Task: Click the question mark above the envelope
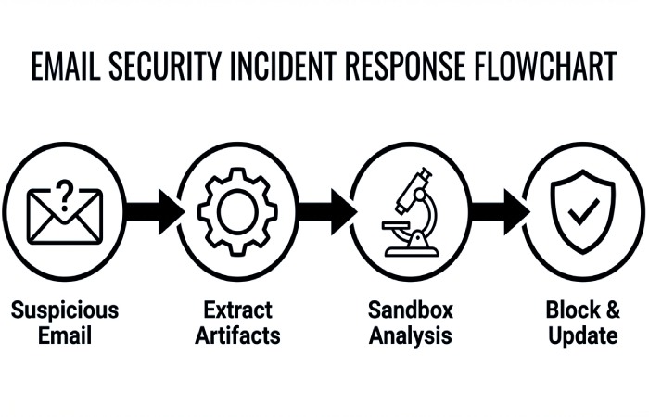click(x=64, y=194)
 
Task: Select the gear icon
click(x=237, y=211)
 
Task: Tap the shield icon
click(x=582, y=211)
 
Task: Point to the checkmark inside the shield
click(x=583, y=214)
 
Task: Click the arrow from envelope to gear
click(x=152, y=211)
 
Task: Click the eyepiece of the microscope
click(x=424, y=173)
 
